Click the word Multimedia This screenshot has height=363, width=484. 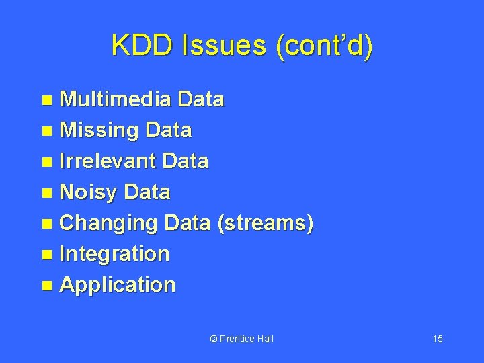(x=116, y=99)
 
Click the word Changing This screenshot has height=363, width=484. (x=108, y=223)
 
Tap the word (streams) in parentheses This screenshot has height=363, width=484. (x=266, y=223)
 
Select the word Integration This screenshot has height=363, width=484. (x=115, y=254)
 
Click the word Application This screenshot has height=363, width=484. (x=118, y=285)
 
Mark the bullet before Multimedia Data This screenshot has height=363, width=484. (x=47, y=101)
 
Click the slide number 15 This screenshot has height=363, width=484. (x=438, y=339)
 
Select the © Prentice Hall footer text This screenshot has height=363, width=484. (x=242, y=339)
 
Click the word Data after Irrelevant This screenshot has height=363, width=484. (x=186, y=161)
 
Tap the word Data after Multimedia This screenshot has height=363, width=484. (x=201, y=99)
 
